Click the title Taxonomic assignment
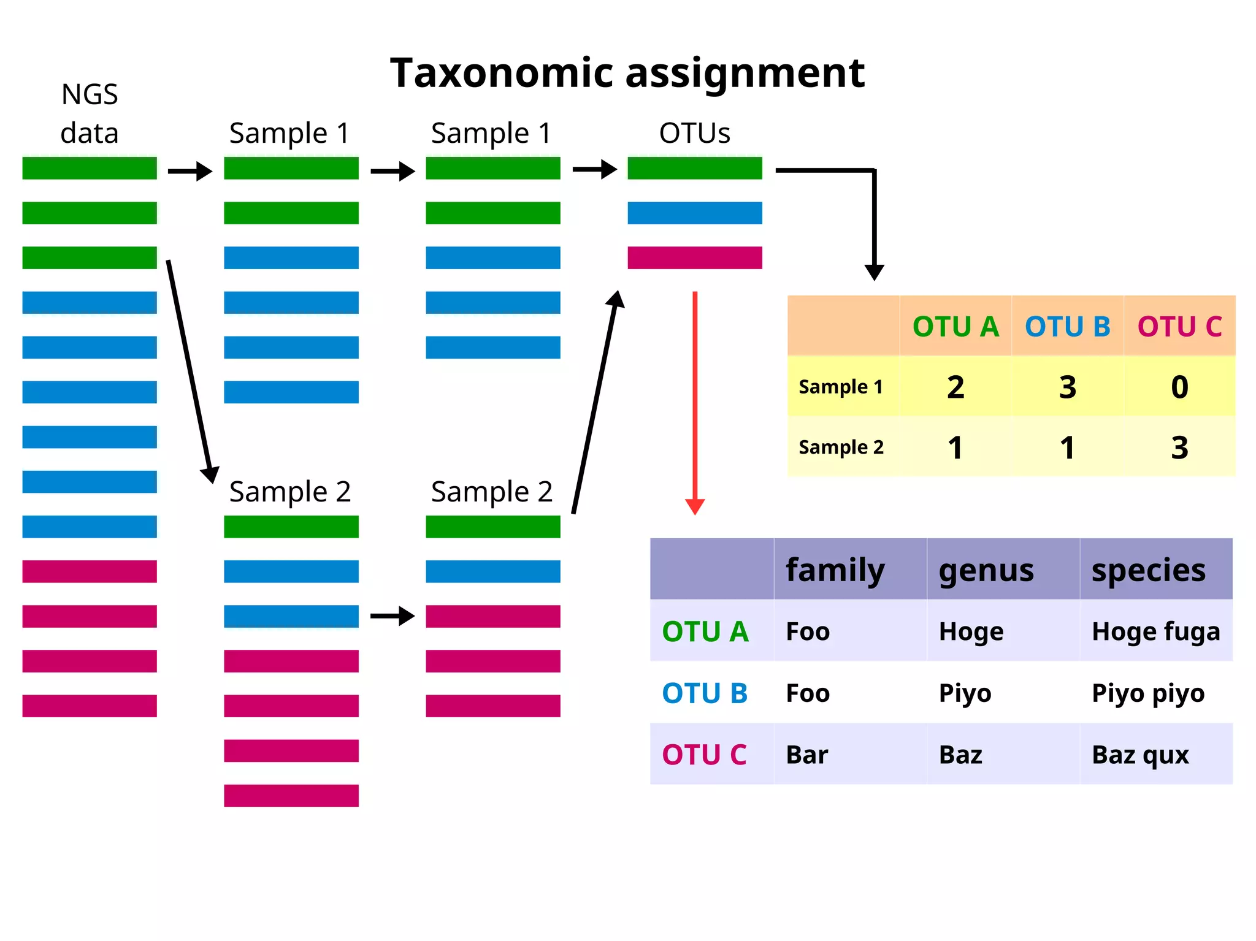coord(627,73)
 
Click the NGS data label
coord(90,114)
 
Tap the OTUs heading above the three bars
coord(694,133)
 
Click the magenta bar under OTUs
coord(694,257)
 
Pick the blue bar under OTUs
coord(694,213)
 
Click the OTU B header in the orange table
coord(1067,327)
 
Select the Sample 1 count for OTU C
coord(1179,387)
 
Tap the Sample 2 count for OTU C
coord(1179,448)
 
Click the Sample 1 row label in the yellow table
coord(840,387)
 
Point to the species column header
coord(1148,570)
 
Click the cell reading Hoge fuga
coord(1155,631)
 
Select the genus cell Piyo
coord(965,693)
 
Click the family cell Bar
coord(806,755)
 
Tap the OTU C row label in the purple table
coord(704,755)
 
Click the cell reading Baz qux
coord(1140,755)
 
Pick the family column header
coord(835,570)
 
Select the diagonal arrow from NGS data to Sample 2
coord(190,371)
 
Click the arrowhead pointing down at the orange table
coord(874,272)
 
